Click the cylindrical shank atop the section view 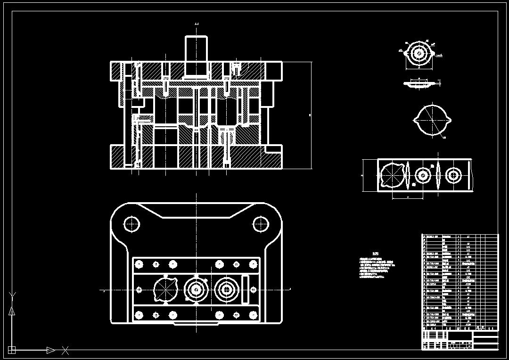click(196, 56)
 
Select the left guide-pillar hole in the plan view click(132, 224)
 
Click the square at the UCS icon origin click(12, 350)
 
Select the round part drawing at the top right click(419, 53)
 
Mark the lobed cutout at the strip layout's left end click(392, 175)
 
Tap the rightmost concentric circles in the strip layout click(453, 175)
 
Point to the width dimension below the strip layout click(408, 198)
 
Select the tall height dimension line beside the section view click(311, 115)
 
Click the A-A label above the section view click(196, 24)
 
